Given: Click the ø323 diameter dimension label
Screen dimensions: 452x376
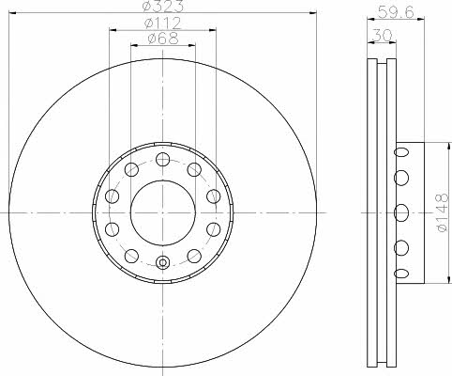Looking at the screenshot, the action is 162,6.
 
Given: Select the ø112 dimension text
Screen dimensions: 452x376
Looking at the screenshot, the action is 162,23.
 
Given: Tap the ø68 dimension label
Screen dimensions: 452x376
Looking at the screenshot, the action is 163,39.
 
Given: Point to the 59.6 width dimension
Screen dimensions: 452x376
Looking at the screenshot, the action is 396,12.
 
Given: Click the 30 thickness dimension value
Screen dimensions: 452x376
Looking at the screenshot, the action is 383,35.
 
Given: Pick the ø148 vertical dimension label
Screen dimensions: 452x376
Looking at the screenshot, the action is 443,212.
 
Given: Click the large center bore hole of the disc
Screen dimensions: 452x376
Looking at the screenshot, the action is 162,213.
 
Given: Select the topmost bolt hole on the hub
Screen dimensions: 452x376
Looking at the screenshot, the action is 162,159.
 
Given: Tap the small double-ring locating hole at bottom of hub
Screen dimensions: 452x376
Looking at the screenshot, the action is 162,262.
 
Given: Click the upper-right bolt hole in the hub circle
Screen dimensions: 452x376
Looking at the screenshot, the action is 194,169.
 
